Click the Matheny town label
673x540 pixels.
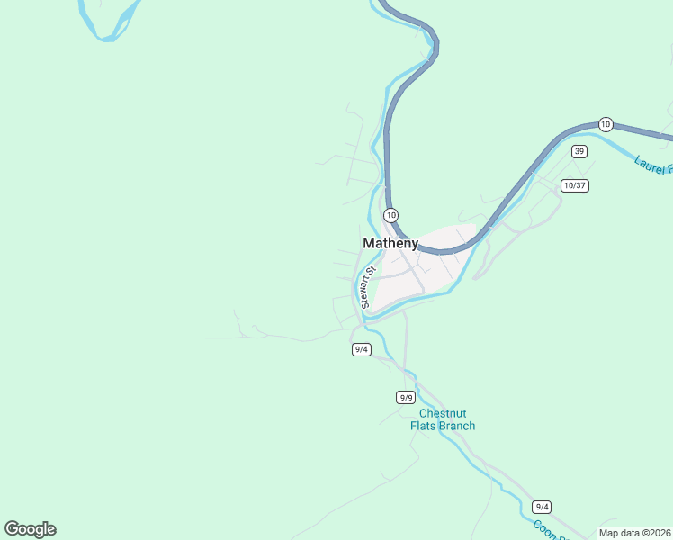[390, 243]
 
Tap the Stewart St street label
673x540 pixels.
[366, 287]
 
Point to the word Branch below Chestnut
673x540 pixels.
[457, 426]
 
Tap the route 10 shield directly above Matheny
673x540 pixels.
[390, 215]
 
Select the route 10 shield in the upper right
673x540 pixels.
[606, 124]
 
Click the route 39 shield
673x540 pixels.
[579, 151]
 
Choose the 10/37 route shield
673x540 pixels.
[574, 185]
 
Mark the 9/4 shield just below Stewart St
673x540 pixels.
[362, 349]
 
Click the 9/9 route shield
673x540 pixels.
[405, 397]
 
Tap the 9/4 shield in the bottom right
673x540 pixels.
[541, 507]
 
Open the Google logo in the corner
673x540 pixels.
[30, 529]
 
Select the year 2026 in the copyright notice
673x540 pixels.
[658, 533]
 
